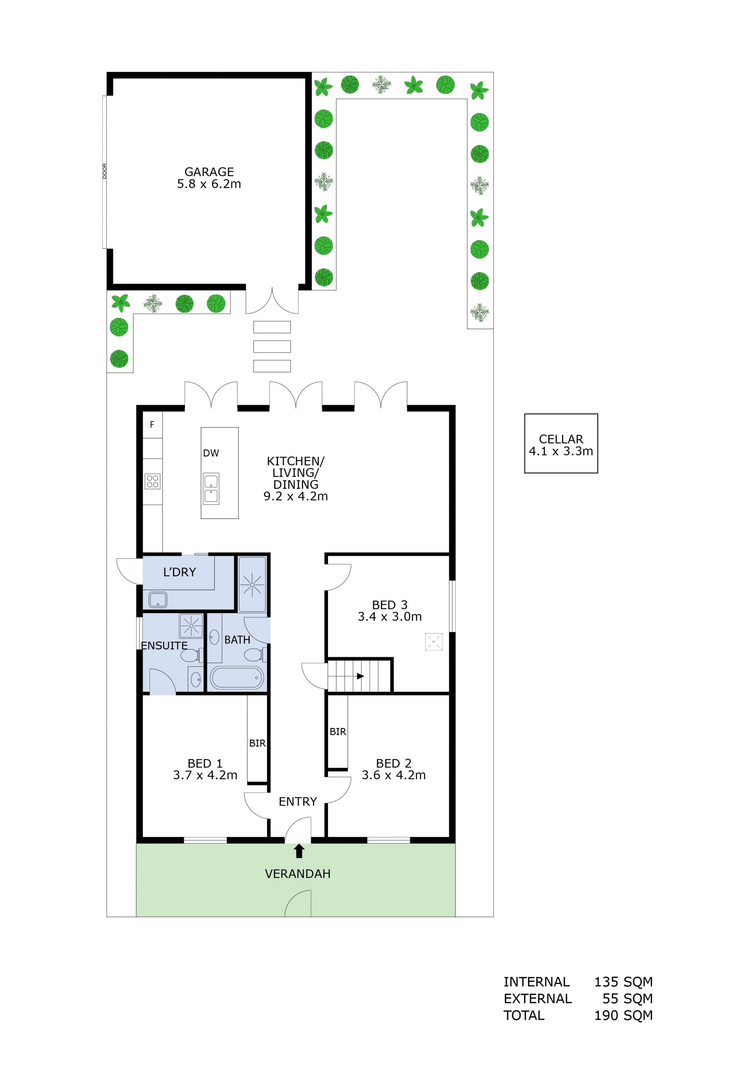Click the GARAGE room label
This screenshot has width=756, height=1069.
point(209,172)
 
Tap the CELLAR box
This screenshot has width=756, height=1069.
point(561,443)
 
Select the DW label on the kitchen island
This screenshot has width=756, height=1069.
point(211,453)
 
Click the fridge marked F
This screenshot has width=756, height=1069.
point(152,424)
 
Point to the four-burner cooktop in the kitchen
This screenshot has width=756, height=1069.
point(153,482)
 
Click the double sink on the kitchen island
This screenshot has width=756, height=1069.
point(211,489)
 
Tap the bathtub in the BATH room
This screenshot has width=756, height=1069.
point(237,678)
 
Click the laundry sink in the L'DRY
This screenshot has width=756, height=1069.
point(158,600)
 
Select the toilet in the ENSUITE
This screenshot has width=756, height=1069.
point(191,656)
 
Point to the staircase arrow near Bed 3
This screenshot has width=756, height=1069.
point(360,676)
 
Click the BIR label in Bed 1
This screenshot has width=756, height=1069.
point(258,743)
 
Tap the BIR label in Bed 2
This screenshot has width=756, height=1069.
point(338,732)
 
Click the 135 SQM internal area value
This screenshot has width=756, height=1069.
point(623,982)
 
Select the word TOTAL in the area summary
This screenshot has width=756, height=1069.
point(524,1015)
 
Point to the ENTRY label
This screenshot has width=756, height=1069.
point(298,801)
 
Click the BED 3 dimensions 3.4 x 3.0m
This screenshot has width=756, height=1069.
point(390,617)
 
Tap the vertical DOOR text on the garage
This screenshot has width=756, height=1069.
point(105,171)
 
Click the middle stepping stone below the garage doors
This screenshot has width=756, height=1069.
point(272,346)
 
